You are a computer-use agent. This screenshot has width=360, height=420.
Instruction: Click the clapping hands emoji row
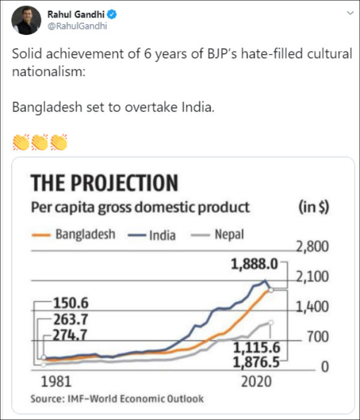(x=40, y=142)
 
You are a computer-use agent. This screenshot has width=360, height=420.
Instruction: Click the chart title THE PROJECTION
(x=104, y=182)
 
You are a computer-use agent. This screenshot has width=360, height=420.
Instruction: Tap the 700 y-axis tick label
(x=318, y=337)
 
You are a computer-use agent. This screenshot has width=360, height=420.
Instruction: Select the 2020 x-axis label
(x=256, y=381)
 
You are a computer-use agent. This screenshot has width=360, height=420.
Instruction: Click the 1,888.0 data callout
(x=255, y=263)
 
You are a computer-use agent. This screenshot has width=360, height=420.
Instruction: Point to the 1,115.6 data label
(x=256, y=348)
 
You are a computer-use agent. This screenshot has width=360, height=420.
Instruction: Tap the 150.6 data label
(x=71, y=302)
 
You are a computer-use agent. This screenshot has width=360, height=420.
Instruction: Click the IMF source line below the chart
(x=117, y=398)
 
